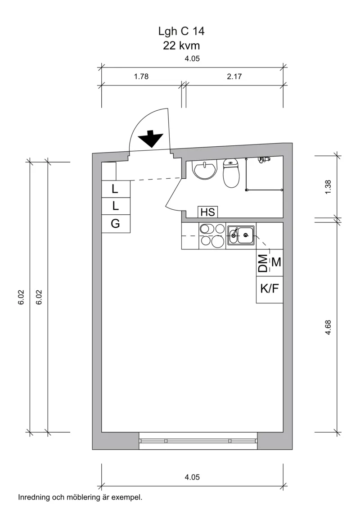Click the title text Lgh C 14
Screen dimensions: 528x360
click(181, 31)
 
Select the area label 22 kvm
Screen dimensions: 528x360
click(181, 45)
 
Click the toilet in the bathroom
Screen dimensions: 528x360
click(231, 174)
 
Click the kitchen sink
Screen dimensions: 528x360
click(241, 235)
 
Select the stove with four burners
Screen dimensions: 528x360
click(212, 235)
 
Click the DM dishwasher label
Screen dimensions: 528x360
click(263, 262)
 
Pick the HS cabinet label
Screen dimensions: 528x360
click(207, 212)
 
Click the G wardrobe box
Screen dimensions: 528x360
click(116, 224)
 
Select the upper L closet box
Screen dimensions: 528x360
click(116, 189)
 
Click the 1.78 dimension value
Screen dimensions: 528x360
click(141, 77)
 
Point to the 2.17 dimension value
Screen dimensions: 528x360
click(234, 77)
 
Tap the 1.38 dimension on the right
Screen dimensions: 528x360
click(328, 187)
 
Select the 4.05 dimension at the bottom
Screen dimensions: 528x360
click(192, 477)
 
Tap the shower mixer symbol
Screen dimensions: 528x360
click(264, 159)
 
